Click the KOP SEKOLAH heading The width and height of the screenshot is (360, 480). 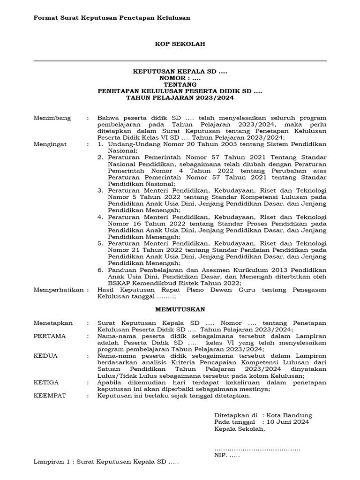click(180, 44)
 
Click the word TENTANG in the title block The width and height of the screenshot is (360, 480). click(180, 84)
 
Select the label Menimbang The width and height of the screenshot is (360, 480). click(52, 118)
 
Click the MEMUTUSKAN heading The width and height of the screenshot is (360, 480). click(180, 309)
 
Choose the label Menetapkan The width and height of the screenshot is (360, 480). click(53, 323)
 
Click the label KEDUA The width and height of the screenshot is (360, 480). click(45, 356)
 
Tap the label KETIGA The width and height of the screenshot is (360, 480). click(46, 382)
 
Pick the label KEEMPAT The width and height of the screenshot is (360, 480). click(50, 396)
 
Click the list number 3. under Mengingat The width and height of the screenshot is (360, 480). click(100, 191)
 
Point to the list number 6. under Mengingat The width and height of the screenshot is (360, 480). click(100, 270)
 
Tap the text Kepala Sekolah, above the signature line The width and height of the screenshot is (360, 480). click(240, 428)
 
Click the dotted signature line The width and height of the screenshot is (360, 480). click(257, 449)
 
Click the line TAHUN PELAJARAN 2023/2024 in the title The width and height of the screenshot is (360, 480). click(180, 98)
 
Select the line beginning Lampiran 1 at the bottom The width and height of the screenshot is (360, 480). click(106, 462)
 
